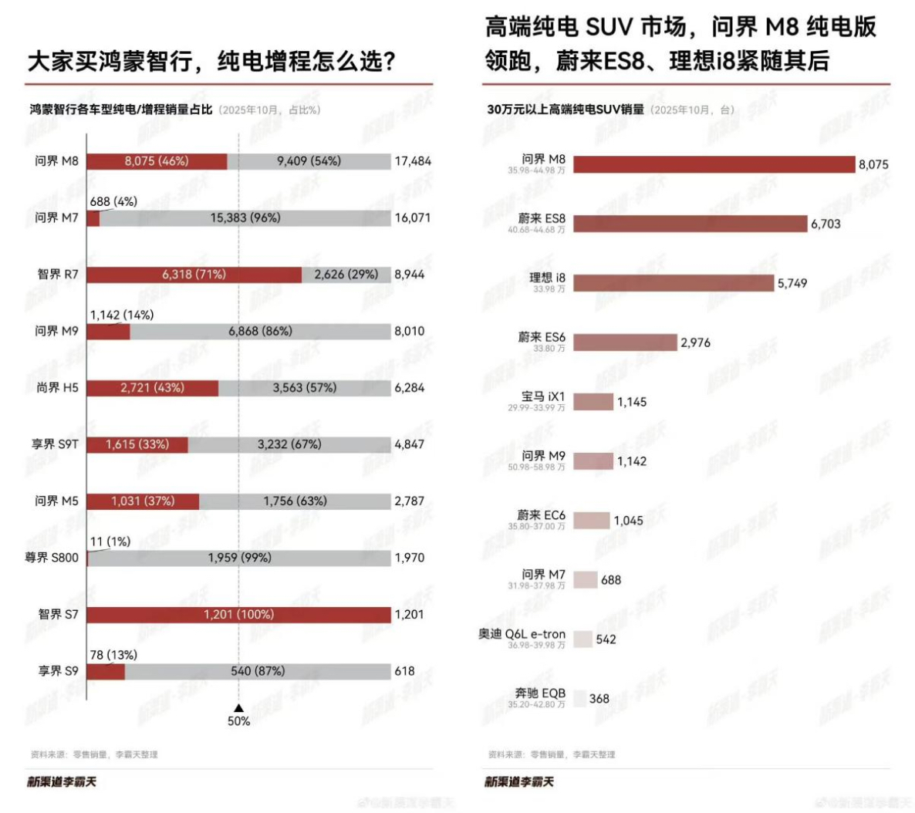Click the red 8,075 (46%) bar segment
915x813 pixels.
pos(157,161)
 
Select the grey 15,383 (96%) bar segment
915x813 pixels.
pos(245,218)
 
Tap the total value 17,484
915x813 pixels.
pos(413,161)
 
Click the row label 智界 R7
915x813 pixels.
pos(58,275)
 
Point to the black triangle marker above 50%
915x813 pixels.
pos(238,707)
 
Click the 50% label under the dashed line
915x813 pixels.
pos(238,721)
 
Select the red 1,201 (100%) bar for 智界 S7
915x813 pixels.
pos(238,615)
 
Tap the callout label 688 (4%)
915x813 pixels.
pos(113,202)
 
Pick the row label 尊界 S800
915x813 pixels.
pos(52,558)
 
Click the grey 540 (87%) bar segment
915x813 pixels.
pos(258,672)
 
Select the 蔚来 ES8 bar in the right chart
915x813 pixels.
pos(690,224)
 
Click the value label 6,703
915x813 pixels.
pos(826,224)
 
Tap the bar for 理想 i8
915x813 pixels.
pos(674,283)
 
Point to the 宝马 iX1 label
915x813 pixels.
pos(542,396)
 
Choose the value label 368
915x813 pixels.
pos(599,699)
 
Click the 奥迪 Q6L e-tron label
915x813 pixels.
pos(522,634)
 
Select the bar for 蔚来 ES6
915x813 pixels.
pos(625,342)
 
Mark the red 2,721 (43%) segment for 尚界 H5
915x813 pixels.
pos(152,388)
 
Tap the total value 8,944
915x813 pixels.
pos(410,275)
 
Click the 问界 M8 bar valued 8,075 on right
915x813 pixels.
pos(714,164)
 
